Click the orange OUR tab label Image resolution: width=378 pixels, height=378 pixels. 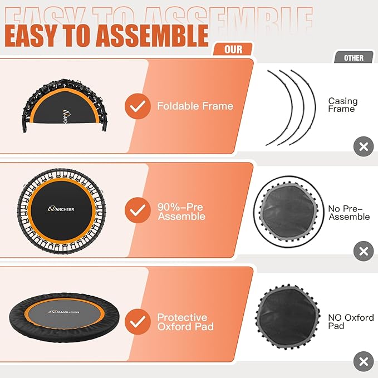click(x=233, y=50)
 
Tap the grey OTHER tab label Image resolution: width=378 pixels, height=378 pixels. click(x=354, y=58)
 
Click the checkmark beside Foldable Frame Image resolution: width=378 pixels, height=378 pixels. click(x=137, y=106)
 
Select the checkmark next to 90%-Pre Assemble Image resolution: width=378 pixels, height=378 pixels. click(x=137, y=211)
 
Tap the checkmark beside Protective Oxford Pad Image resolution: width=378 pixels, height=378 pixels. click(x=137, y=321)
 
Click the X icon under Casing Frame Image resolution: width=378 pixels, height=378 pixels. click(x=364, y=147)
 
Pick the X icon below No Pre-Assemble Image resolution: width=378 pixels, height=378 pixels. click(x=364, y=251)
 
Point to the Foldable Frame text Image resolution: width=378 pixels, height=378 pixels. click(x=195, y=106)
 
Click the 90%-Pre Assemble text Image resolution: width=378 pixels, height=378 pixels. click(x=181, y=212)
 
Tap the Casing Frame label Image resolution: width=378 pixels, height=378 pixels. click(x=342, y=105)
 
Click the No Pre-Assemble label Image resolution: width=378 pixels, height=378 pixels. click(x=348, y=213)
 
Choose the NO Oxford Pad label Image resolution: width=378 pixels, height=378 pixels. click(x=350, y=321)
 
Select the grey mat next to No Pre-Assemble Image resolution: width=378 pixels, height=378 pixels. click(x=288, y=212)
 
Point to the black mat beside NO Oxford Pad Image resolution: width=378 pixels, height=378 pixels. click(x=288, y=321)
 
